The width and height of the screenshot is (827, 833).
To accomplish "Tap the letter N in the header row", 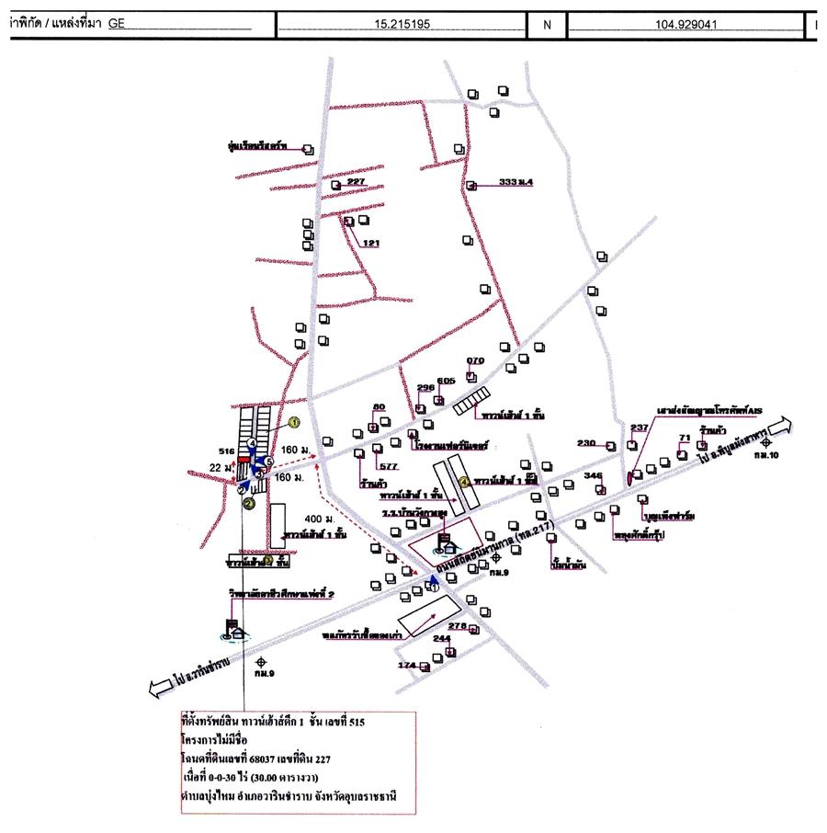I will tap(548, 25).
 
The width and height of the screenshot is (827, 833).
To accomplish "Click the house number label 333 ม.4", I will tap(515, 182).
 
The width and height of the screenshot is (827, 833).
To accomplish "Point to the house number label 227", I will tap(357, 182).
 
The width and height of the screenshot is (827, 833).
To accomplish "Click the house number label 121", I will tap(371, 243).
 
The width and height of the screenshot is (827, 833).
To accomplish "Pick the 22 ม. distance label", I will tap(217, 468).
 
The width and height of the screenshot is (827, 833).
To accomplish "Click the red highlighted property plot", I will tap(244, 457).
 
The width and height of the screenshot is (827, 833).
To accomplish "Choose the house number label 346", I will tap(593, 475).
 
